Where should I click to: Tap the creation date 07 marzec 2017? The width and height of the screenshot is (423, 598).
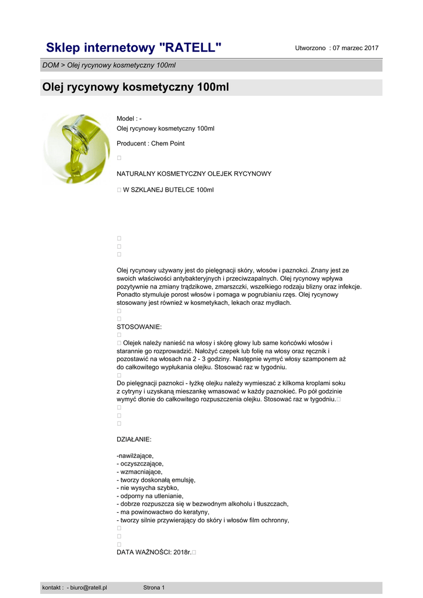coord(355,48)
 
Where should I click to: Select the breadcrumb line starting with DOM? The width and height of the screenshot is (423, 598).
coord(109,65)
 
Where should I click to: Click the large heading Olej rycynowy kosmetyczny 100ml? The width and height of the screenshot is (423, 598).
coord(135,88)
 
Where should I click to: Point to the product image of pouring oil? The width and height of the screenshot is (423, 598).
coord(76,148)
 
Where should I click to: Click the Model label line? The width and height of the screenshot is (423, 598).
coord(129,119)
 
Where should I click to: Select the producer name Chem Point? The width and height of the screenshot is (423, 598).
coord(168,144)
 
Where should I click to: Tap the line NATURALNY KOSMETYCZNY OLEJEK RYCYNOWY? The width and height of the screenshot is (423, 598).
coord(194,174)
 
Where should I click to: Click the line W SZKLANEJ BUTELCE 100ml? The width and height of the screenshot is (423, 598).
coord(168,190)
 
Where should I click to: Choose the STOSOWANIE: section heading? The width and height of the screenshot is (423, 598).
coord(139,327)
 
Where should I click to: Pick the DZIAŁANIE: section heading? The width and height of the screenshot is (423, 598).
coord(134,439)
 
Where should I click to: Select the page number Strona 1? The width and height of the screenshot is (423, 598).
coord(154,587)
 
